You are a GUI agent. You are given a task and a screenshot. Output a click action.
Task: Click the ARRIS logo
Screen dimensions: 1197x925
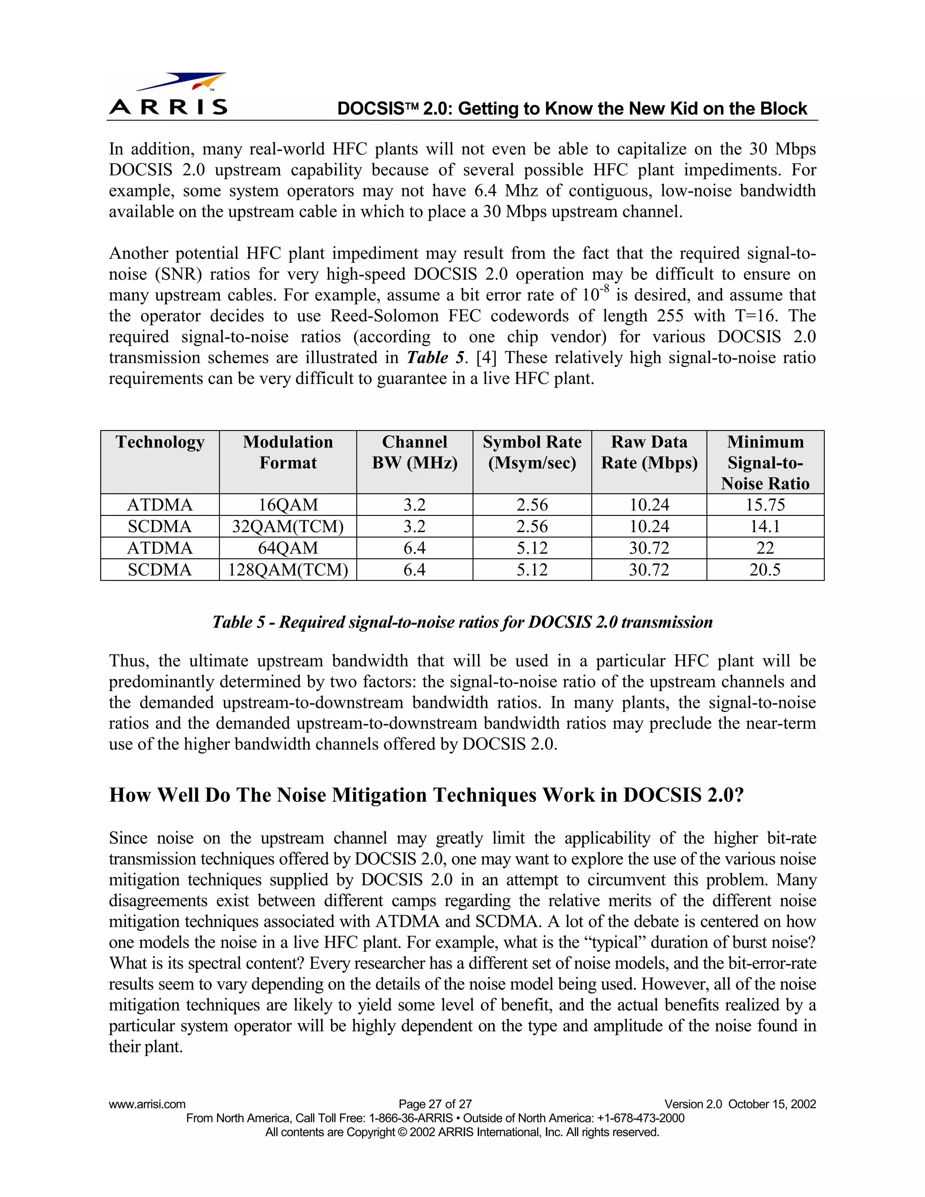coord(168,94)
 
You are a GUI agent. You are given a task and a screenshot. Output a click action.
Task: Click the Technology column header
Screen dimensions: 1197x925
coord(159,442)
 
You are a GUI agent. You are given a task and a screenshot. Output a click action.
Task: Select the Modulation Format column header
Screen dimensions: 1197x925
coord(288,452)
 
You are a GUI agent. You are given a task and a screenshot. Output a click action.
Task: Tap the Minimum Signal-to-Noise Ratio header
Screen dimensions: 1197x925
coord(765,463)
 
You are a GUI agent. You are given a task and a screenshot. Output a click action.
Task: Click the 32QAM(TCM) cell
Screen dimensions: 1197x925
coord(288,526)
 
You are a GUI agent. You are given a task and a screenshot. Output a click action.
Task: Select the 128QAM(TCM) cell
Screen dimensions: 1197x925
coord(288,570)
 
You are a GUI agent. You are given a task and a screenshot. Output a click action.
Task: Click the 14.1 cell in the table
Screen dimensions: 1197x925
coord(765,526)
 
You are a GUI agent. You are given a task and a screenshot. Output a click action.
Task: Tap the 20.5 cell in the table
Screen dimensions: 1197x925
coord(765,570)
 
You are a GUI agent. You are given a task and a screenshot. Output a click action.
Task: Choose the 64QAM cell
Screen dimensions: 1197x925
coord(288,548)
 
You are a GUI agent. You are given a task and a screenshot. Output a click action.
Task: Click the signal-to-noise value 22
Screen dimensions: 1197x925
coord(765,548)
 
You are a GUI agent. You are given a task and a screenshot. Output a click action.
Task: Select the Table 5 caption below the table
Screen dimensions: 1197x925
coord(462,622)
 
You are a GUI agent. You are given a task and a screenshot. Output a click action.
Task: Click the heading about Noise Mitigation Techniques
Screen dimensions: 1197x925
coord(426,795)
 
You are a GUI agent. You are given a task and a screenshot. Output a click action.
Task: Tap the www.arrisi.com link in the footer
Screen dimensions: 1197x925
coord(147,1104)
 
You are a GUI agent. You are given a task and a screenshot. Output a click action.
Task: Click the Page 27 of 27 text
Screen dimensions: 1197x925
coord(435,1104)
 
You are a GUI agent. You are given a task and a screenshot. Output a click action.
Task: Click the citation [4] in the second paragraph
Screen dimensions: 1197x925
coord(486,358)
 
